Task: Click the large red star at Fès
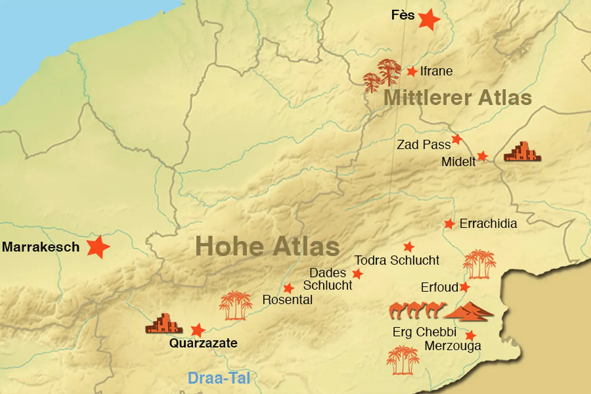point(429,19)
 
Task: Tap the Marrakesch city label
point(41,247)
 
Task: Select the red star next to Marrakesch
point(98,247)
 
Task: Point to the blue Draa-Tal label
point(219,378)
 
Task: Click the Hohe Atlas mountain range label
point(268,246)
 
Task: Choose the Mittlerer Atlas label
point(457,98)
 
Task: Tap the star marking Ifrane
point(412,71)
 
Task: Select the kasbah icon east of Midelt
point(522,152)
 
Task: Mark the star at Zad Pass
point(457,139)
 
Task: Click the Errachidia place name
point(488,224)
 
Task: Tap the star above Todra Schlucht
point(409,247)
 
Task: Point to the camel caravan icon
point(417,310)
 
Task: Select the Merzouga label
point(453,346)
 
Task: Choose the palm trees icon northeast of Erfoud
point(479,264)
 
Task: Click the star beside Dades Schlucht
point(357,273)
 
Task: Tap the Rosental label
point(287,300)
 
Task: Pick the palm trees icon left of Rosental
point(236,305)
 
